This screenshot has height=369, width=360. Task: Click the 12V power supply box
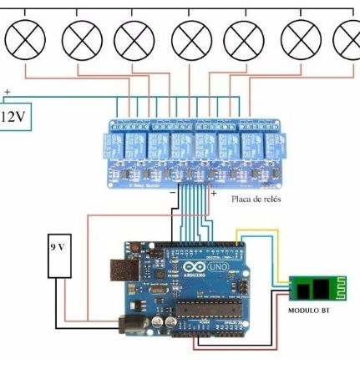point(14,116)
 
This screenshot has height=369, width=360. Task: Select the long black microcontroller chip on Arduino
point(213,311)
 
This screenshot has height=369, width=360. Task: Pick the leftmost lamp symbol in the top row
point(23,38)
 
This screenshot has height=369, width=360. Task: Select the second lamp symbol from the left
point(82,38)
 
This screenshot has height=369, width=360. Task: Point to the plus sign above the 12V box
point(8,92)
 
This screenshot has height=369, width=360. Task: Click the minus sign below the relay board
point(171,192)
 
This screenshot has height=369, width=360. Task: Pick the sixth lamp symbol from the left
point(301,38)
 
